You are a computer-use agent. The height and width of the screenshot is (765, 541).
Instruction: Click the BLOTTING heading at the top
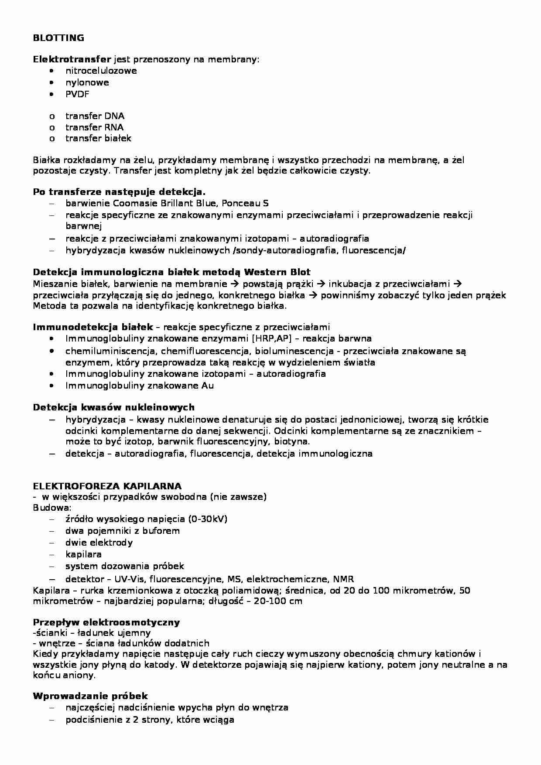pyautogui.click(x=58, y=38)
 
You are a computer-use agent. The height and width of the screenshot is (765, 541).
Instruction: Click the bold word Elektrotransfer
pyautogui.click(x=72, y=59)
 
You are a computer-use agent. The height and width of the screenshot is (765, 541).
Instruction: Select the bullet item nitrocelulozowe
pyautogui.click(x=101, y=71)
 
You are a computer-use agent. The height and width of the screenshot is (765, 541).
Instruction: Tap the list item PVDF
pyautogui.click(x=77, y=94)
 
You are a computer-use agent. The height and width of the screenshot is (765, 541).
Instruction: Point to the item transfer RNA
pyautogui.click(x=94, y=127)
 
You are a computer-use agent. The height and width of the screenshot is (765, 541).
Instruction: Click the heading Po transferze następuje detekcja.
pyautogui.click(x=119, y=192)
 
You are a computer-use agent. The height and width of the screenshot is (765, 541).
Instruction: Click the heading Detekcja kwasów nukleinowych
pyautogui.click(x=113, y=407)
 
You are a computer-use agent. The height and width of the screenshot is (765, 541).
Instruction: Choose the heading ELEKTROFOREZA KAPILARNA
pyautogui.click(x=107, y=486)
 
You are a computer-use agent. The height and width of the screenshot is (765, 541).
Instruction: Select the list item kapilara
pyautogui.click(x=83, y=554)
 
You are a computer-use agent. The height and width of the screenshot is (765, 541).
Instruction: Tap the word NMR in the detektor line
pyautogui.click(x=343, y=579)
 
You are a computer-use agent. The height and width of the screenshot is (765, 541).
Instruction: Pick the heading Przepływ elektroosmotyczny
pyautogui.click(x=106, y=622)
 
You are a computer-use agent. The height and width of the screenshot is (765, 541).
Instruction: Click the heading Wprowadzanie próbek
pyautogui.click(x=90, y=696)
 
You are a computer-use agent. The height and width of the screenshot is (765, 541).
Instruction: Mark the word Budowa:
pyautogui.click(x=52, y=508)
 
